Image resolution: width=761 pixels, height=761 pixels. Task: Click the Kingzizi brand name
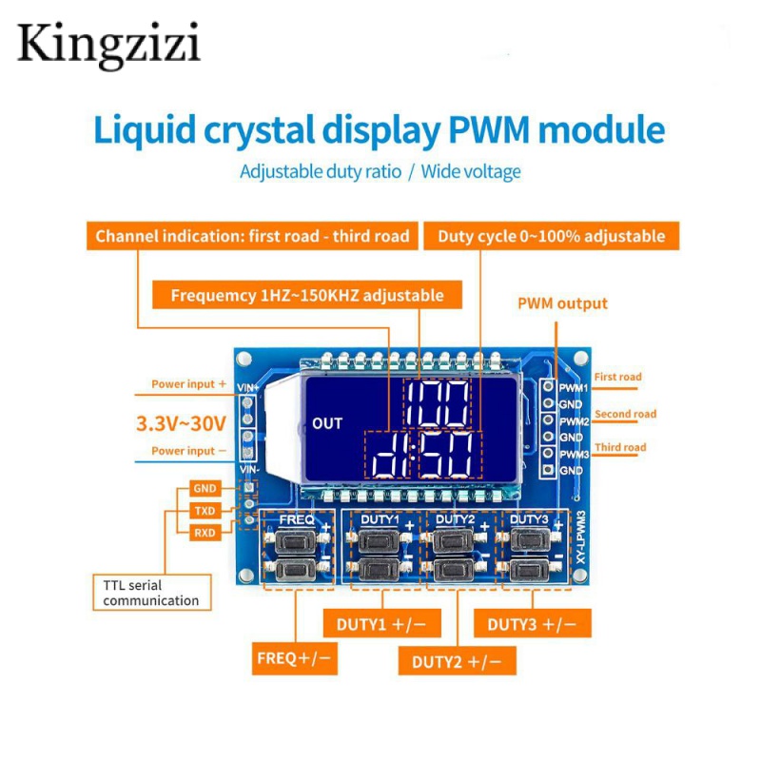[x=108, y=45]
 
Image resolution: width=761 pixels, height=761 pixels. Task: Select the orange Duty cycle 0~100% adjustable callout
[x=552, y=236]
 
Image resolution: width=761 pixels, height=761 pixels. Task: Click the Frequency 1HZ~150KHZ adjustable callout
[x=306, y=295]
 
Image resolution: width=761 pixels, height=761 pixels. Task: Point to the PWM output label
[x=562, y=303]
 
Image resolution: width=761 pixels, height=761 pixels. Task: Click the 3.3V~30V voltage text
[x=181, y=423]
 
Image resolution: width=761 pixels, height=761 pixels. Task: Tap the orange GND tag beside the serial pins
[x=205, y=488]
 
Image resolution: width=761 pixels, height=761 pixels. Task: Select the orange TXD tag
[x=205, y=511]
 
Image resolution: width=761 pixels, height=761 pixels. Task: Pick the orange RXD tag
[x=205, y=533]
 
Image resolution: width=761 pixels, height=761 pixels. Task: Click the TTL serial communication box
[x=152, y=592]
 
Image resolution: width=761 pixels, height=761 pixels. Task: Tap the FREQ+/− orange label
[x=294, y=658]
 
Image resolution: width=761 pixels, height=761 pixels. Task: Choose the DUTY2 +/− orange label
[x=457, y=661]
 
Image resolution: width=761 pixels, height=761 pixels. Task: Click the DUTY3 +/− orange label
[x=533, y=623]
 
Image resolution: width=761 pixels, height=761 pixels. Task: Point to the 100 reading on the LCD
[x=437, y=403]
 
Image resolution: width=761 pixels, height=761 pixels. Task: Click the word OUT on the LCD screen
[x=327, y=423]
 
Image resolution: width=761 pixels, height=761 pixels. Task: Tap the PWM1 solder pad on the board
[x=548, y=386]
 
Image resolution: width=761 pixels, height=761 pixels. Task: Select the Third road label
[x=620, y=447]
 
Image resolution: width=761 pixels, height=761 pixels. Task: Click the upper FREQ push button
[x=295, y=540]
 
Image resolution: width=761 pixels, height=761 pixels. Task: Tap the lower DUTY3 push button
[x=530, y=569]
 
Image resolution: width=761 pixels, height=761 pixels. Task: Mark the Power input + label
[x=188, y=384]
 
